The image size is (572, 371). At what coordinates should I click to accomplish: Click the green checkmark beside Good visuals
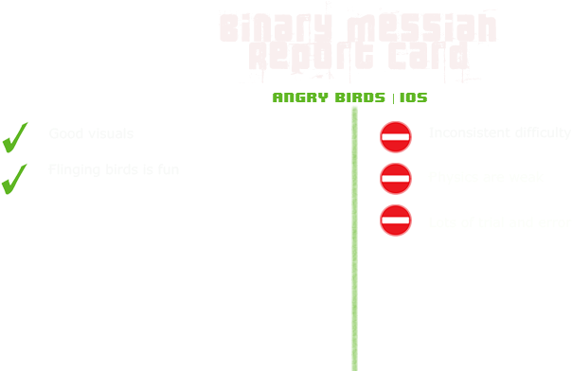(x=14, y=137)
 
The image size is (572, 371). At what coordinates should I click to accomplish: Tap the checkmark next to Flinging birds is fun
(x=13, y=177)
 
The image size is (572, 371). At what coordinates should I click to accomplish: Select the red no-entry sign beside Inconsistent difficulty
(x=395, y=137)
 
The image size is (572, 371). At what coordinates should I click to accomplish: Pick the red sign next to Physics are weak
(x=395, y=178)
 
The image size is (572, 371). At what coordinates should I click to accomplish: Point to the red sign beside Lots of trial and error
(x=395, y=221)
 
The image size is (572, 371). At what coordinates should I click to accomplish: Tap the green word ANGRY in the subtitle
(x=297, y=97)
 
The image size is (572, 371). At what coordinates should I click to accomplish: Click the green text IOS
(x=413, y=97)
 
